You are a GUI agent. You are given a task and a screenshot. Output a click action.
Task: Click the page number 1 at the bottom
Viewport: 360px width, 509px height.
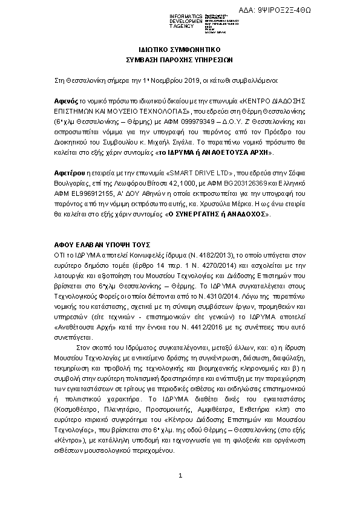point(180,476)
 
